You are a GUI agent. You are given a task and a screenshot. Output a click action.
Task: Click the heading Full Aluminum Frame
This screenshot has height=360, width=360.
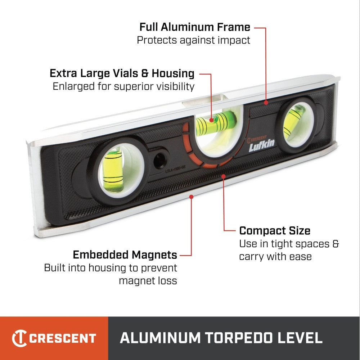tap(195, 27)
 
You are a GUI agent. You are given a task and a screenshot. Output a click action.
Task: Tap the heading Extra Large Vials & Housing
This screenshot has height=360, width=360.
tap(122, 73)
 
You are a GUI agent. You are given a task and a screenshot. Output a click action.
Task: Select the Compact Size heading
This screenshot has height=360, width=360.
tap(275, 230)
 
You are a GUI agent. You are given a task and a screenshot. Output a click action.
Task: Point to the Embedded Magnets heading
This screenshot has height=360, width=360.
tap(125, 255)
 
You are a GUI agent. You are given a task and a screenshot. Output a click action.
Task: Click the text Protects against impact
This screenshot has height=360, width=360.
tap(193, 40)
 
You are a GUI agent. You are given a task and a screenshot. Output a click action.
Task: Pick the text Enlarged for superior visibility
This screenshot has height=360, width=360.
tap(123, 86)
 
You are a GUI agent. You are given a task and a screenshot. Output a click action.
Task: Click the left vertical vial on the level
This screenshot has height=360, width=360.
tap(113, 170)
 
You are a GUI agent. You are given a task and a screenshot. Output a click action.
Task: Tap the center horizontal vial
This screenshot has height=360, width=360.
tap(216, 121)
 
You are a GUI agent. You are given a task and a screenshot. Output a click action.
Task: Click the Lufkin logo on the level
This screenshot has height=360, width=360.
tap(261, 143)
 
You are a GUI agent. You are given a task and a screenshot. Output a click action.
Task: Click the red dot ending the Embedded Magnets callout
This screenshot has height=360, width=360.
tap(192, 197)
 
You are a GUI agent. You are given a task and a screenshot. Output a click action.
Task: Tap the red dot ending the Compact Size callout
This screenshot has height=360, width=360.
tap(224, 176)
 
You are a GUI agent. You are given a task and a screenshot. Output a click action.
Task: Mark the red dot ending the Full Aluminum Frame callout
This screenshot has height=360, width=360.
tap(266, 103)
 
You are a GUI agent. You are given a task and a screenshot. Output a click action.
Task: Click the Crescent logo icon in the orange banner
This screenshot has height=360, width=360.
tap(19, 338)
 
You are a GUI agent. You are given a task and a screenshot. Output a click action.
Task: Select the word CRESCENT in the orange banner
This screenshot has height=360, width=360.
tap(63, 338)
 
